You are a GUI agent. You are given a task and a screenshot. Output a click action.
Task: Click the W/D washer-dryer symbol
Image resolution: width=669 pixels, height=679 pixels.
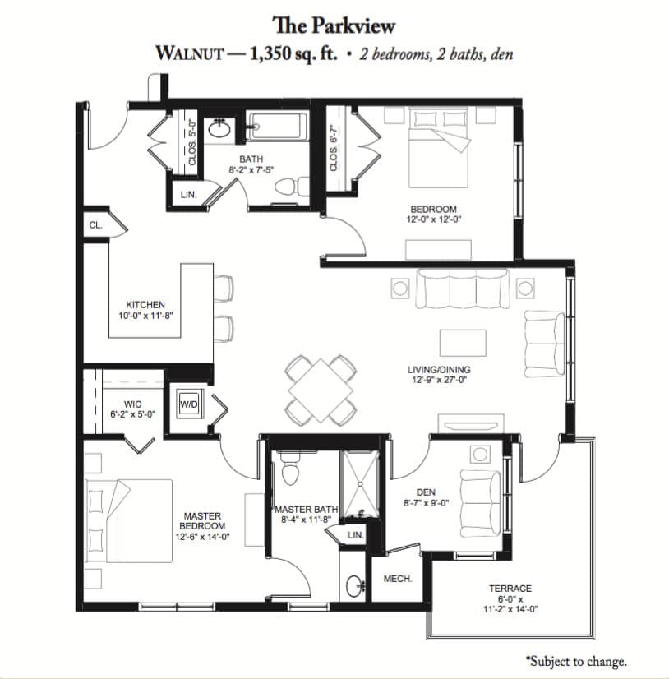[x=189, y=404]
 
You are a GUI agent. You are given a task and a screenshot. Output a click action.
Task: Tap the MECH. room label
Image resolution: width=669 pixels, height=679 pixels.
[x=398, y=579]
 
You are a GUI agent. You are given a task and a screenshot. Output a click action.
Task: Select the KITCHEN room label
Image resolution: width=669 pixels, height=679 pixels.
[x=145, y=304]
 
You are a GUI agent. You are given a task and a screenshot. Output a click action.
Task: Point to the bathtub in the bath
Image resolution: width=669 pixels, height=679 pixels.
[x=277, y=127]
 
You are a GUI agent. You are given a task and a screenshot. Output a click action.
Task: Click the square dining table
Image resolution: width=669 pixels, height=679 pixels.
[x=321, y=390]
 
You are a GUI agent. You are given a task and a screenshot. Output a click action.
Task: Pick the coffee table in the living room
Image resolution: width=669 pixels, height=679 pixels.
[x=463, y=343]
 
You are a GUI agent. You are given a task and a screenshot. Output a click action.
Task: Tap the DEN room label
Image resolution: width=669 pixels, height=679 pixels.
[x=426, y=492]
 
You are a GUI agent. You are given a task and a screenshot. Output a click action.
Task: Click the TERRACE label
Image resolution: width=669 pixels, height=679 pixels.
[x=510, y=589]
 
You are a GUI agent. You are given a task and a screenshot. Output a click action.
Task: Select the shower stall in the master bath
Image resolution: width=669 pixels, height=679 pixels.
[x=359, y=483]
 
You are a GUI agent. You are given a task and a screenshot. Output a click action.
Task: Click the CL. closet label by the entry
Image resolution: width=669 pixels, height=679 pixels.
[x=95, y=225]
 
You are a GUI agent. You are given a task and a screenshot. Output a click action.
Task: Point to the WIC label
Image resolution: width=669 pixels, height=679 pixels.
[x=132, y=404]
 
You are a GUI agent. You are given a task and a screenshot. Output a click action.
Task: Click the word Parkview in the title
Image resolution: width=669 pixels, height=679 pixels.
[x=353, y=25]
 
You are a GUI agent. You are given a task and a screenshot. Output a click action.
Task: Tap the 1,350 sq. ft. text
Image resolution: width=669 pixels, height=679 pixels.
[x=293, y=54]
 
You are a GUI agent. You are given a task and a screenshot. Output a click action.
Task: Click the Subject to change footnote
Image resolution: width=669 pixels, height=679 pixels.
[x=576, y=661]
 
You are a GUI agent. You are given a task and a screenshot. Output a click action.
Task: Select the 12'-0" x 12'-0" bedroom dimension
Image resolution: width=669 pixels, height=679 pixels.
[x=433, y=219]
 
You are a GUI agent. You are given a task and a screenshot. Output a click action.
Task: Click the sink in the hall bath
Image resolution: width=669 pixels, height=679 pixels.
[x=219, y=128]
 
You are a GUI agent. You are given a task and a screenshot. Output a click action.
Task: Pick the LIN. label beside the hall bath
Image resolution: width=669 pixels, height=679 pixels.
[x=188, y=195]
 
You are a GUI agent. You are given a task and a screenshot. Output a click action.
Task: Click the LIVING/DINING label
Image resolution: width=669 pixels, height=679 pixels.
[x=439, y=370]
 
